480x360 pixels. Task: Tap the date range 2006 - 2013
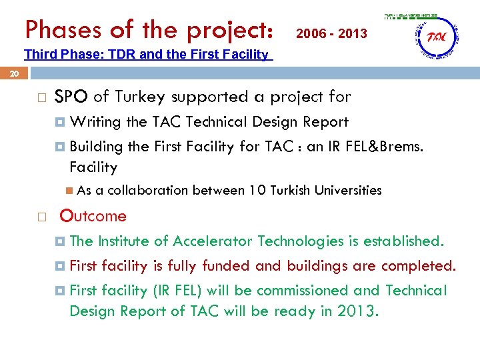click(331, 33)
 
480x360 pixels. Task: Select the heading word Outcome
click(93, 216)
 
